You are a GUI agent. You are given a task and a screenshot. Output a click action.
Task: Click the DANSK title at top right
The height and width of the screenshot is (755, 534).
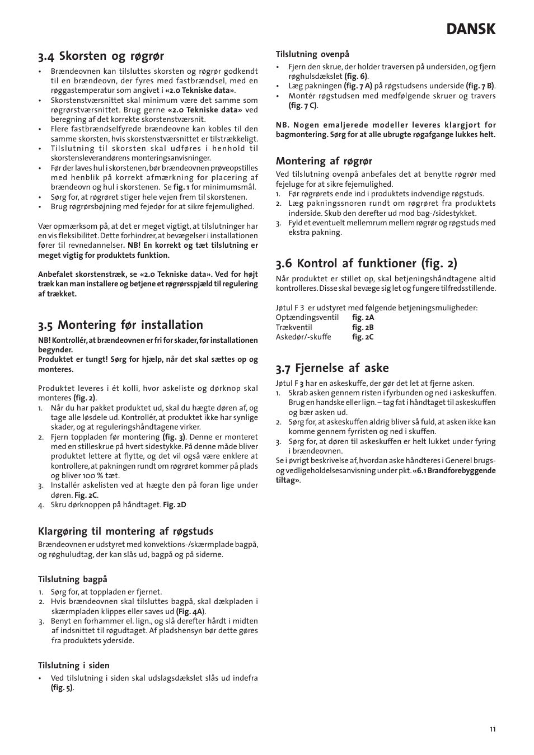pos(471,29)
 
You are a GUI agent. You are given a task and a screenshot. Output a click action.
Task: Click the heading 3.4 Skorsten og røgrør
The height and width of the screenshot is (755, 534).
pos(101,56)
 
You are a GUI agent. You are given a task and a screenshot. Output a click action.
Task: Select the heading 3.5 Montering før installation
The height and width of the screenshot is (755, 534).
pos(120,325)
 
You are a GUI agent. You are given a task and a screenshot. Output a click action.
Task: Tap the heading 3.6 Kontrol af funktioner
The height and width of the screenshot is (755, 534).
pos(366,263)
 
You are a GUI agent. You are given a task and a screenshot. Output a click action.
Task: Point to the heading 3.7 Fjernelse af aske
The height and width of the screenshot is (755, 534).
pos(332,368)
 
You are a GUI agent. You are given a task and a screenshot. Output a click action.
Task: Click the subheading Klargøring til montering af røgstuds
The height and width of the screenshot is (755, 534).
pos(125,531)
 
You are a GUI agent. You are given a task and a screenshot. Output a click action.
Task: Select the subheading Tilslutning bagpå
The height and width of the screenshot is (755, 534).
pos(72,579)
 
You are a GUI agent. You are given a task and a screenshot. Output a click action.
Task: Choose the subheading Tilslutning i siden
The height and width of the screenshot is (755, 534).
pos(73,666)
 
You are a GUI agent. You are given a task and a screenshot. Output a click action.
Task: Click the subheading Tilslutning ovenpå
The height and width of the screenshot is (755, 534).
pos(312,54)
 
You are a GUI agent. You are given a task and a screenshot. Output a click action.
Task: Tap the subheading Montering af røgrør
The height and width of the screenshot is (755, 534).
pos(324,161)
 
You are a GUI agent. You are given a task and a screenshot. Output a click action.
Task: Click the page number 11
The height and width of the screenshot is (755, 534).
pos(492,729)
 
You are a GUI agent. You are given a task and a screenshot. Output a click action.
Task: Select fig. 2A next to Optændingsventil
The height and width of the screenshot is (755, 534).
pos(363,318)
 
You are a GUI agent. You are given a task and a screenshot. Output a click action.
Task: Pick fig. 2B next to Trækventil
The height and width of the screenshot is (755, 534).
pos(363,327)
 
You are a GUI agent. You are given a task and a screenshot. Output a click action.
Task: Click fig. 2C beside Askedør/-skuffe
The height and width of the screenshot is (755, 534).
pos(363,337)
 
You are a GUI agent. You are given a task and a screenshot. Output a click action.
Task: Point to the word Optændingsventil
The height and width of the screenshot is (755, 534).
pos(307,318)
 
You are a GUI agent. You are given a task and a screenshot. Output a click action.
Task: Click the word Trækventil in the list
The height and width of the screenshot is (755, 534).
pos(294,327)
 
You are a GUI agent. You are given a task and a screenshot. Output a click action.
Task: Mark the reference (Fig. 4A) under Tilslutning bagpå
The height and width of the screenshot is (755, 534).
pos(190,611)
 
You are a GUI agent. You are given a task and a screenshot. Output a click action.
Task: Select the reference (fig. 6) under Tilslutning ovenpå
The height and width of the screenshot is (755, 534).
pos(356,77)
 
